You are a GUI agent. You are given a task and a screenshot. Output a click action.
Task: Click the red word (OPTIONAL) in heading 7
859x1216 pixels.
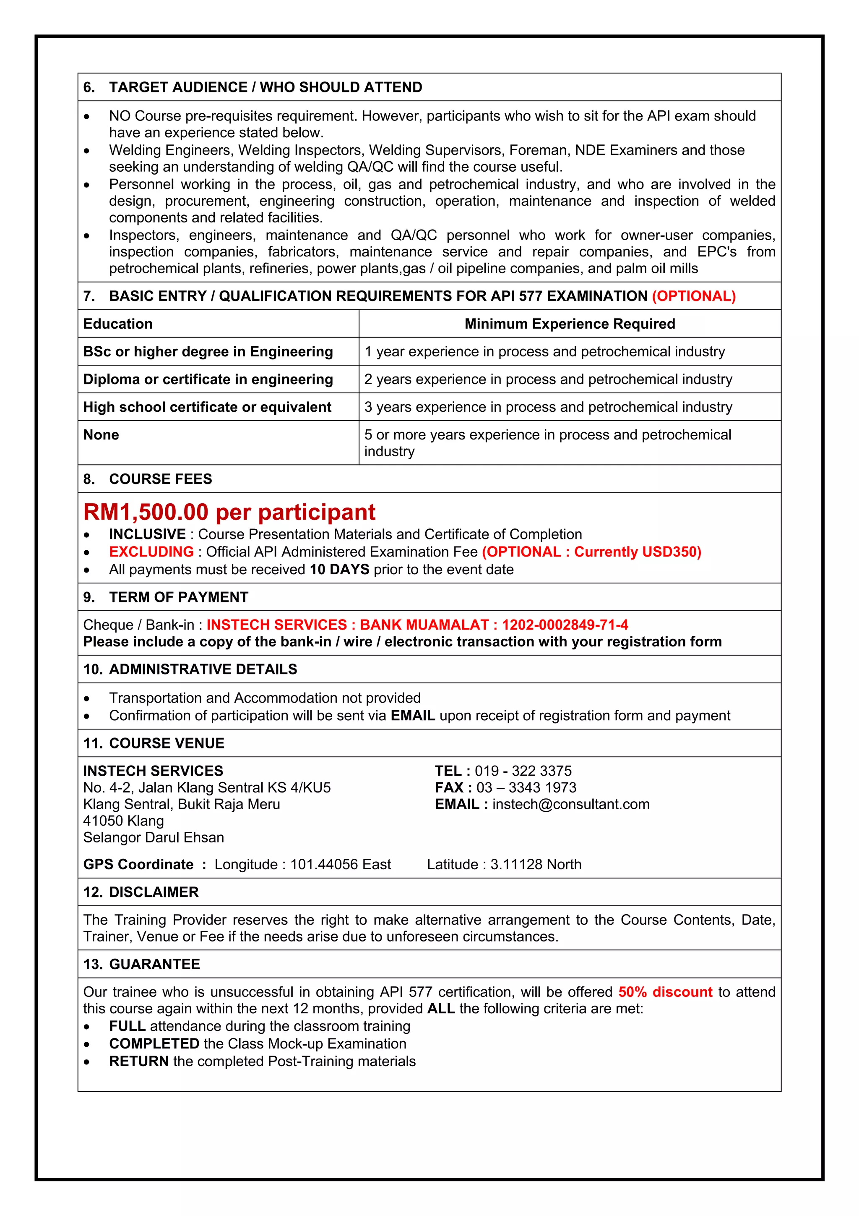click(x=693, y=296)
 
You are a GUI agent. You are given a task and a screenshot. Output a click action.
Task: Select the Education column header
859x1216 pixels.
click(x=118, y=324)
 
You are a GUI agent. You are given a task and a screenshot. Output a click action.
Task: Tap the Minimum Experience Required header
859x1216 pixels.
click(x=570, y=324)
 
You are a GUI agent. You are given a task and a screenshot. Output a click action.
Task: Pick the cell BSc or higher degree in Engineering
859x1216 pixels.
click(x=208, y=352)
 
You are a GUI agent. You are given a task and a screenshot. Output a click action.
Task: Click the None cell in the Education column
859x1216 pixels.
click(x=101, y=435)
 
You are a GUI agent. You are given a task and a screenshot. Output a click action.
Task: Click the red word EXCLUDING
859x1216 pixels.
click(x=151, y=552)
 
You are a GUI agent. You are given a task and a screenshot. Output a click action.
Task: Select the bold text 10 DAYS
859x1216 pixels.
click(x=339, y=569)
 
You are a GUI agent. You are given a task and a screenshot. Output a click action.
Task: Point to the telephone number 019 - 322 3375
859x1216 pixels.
click(x=523, y=771)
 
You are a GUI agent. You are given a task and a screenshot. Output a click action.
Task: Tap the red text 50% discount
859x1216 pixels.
click(x=665, y=992)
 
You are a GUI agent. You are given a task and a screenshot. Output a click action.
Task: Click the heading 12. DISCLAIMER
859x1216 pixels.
click(x=141, y=892)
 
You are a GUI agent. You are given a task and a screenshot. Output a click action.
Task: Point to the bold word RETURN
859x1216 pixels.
click(x=139, y=1062)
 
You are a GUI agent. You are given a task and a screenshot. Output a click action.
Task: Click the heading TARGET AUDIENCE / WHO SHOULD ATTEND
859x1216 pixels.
click(x=265, y=87)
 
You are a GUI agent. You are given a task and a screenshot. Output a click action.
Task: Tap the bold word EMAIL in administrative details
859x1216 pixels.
click(x=412, y=716)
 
